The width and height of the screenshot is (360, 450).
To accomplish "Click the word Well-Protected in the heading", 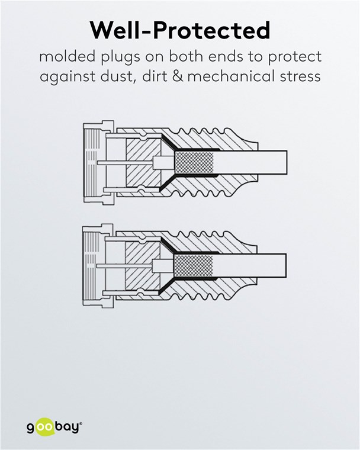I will tap(179, 30).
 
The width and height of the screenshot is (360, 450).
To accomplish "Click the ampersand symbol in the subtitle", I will tap(197, 77).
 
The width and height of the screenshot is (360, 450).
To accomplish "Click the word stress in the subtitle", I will tap(301, 77).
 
